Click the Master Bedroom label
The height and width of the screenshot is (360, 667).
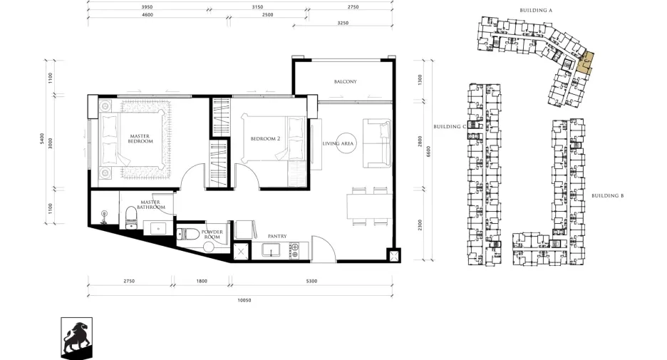[140, 139]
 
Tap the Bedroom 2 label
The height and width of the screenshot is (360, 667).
[265, 139]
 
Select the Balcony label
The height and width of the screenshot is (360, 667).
[345, 81]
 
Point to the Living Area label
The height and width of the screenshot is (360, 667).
[338, 143]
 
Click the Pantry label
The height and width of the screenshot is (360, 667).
[277, 236]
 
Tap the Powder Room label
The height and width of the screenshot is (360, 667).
[212, 235]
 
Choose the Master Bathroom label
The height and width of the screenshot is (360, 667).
[150, 205]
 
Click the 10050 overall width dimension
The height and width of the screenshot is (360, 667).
[244, 300]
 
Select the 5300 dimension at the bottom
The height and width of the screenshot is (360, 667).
[312, 282]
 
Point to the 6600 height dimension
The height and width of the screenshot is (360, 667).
[428, 151]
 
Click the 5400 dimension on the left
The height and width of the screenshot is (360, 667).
[41, 138]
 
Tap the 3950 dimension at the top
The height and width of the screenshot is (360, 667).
[147, 7]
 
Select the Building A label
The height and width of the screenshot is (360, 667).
[536, 10]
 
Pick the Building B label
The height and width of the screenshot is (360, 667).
[607, 196]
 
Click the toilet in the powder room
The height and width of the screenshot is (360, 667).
[188, 234]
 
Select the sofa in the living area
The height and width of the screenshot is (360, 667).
[377, 143]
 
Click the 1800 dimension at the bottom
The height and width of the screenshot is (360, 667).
[202, 282]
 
